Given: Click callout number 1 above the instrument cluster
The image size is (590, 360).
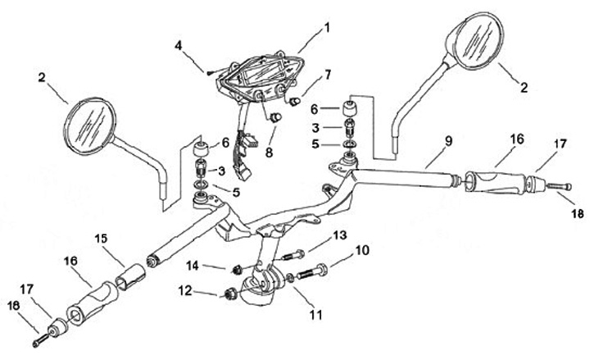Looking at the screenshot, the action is [327, 28].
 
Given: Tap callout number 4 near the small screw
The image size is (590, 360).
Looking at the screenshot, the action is [178, 46].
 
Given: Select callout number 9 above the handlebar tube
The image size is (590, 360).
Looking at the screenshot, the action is [448, 142].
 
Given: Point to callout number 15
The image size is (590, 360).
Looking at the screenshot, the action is [101, 239].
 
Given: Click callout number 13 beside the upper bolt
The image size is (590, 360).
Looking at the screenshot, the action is [340, 235].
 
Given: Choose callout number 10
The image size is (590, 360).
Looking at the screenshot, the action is [362, 250].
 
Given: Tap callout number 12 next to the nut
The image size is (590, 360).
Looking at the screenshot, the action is [185, 291].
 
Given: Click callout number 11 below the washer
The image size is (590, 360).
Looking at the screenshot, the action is [315, 314].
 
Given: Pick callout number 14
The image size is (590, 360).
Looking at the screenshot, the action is [193, 266].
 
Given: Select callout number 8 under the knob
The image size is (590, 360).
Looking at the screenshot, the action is [269, 153].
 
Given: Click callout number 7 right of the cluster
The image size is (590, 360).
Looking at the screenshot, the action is [328, 75].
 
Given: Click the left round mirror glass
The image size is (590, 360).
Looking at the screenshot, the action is [89, 126].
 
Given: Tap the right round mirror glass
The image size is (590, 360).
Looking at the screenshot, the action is [474, 41].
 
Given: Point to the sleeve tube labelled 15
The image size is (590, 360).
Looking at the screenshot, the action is [130, 276].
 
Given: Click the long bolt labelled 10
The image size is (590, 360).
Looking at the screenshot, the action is [312, 272].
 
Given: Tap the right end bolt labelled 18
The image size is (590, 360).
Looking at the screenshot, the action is [559, 186].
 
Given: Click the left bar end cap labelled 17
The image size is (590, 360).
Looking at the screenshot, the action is [58, 327].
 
